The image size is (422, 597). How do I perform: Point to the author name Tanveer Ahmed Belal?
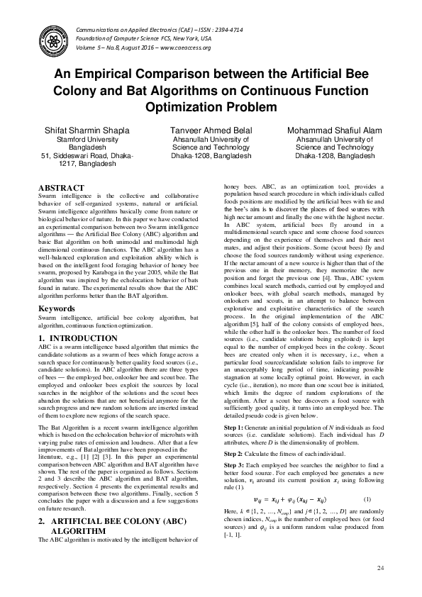(x=211, y=131)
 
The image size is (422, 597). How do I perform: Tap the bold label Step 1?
(x=234, y=410)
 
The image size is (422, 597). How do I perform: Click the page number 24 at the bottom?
(x=380, y=568)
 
